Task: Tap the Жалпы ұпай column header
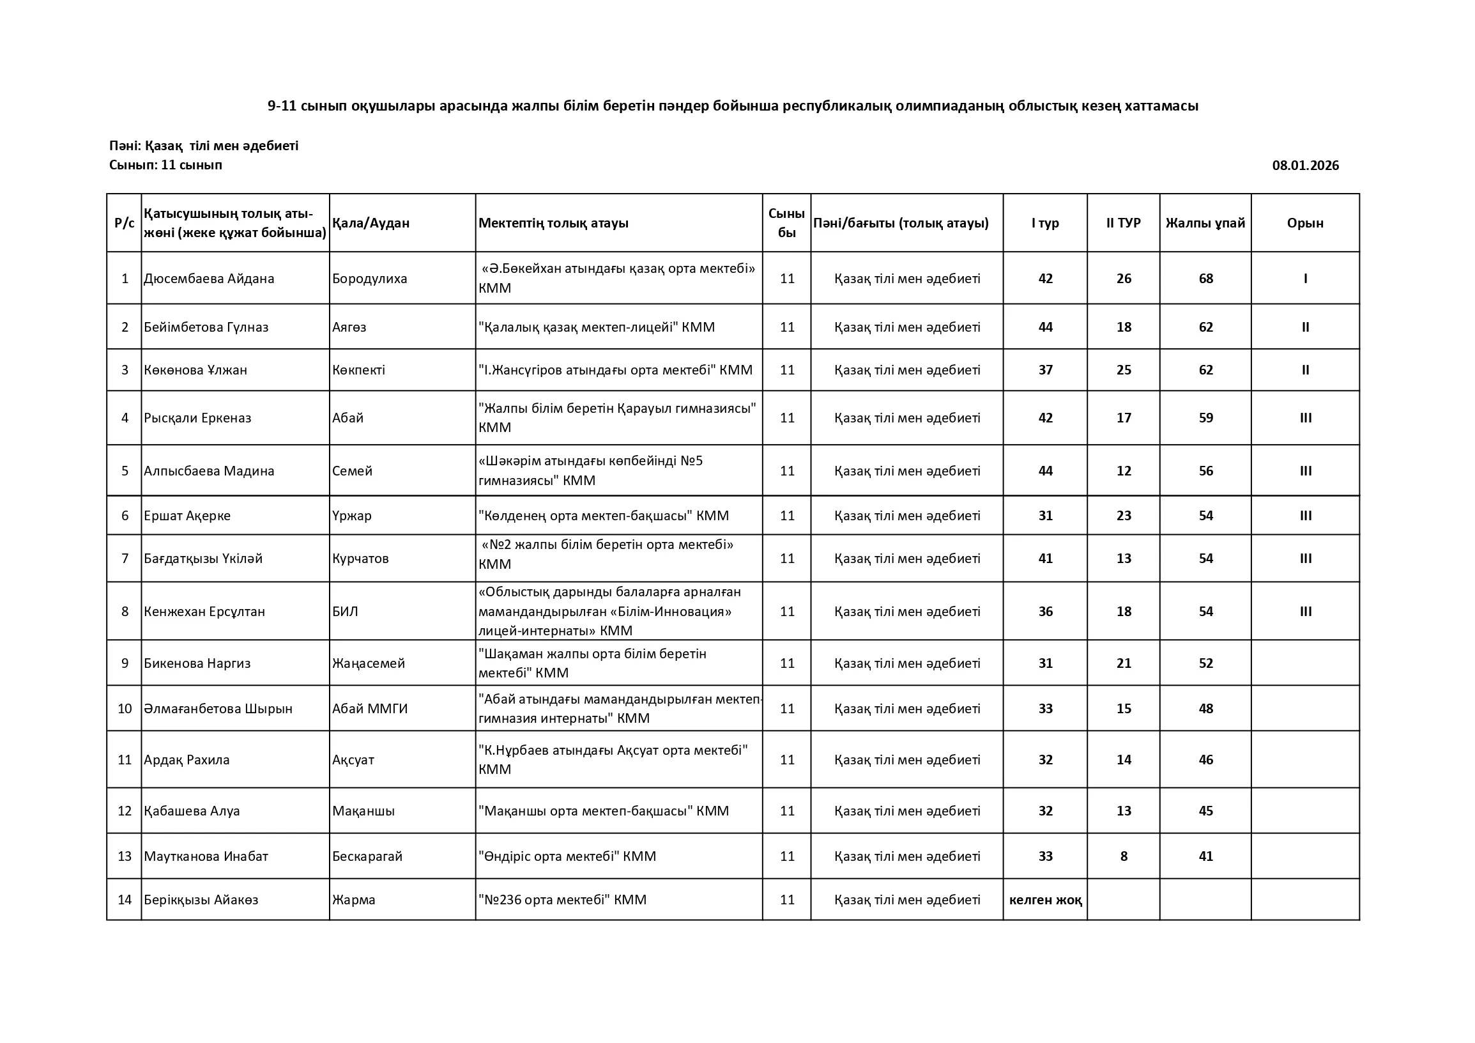1205,223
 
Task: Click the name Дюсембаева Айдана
209,278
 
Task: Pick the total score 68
1206,278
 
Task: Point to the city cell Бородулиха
369,278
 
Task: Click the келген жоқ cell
1045,900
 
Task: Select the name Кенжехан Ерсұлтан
204,611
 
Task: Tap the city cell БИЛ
345,611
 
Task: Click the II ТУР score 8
1124,856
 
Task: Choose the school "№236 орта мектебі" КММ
562,900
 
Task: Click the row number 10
125,708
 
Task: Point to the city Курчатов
360,559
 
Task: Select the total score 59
1206,418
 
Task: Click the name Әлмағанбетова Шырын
218,708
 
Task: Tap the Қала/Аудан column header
371,223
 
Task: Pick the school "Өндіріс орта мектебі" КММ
567,856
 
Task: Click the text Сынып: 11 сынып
165,165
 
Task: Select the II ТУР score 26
1124,278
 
